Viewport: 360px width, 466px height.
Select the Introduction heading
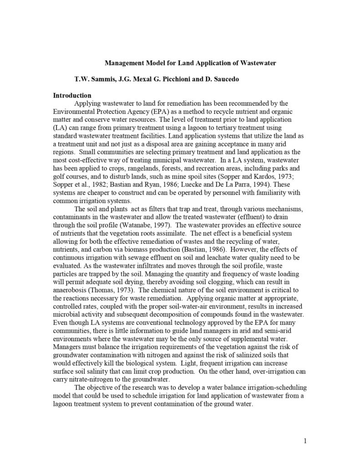pos(72,96)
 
